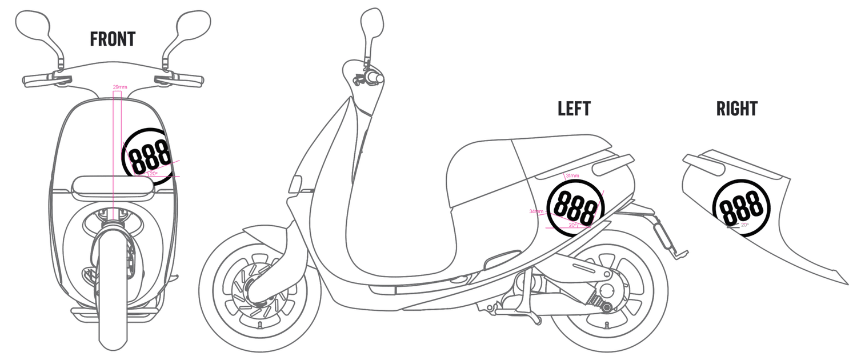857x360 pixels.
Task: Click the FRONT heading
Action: (x=113, y=39)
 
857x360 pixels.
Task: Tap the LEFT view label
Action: (x=574, y=108)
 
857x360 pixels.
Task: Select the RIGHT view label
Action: (x=736, y=108)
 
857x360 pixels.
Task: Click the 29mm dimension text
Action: (x=120, y=87)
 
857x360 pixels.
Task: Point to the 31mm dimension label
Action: (x=572, y=175)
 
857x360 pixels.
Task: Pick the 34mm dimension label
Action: (x=536, y=211)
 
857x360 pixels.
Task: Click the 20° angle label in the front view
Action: (x=153, y=173)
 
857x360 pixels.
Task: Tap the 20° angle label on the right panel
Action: (x=745, y=225)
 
